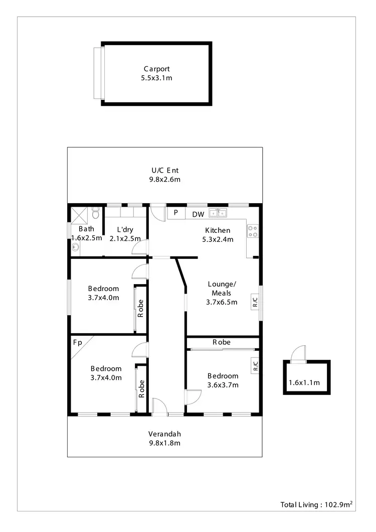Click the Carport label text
click(x=156, y=69)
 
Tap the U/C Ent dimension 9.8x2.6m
click(x=165, y=179)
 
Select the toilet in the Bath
click(x=95, y=214)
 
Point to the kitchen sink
click(x=218, y=213)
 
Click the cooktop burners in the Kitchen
click(x=253, y=231)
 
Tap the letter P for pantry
click(x=176, y=213)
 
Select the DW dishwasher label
click(x=198, y=214)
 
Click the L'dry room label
click(x=124, y=229)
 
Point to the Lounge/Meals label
click(x=222, y=289)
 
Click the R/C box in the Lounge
click(x=255, y=302)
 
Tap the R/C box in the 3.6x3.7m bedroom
click(x=255, y=365)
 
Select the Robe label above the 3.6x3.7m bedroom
click(x=222, y=342)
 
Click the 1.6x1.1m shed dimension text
click(x=304, y=383)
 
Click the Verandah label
click(x=164, y=434)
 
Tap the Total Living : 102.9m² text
click(x=317, y=505)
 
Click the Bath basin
click(x=76, y=247)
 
